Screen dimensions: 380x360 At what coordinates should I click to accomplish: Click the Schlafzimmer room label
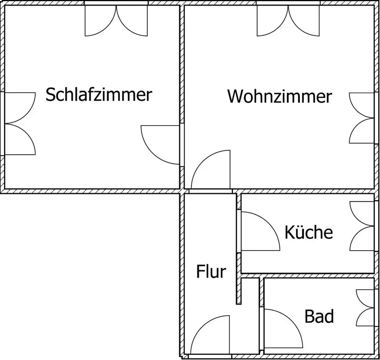99,94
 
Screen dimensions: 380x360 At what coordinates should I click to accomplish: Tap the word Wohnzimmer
279,96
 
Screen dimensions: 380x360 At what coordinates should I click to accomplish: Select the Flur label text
211,272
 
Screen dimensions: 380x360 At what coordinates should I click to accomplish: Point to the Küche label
309,232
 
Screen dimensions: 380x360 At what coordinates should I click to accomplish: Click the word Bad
319,316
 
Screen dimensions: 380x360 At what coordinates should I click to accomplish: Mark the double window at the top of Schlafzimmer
116,21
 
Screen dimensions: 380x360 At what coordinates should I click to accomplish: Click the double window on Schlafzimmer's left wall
20,123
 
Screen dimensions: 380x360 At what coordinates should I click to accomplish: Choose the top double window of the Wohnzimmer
288,21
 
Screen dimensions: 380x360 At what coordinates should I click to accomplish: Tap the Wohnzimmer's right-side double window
362,118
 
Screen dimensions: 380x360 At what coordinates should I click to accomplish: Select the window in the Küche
362,226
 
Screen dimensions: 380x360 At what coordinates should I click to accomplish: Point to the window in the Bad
365,308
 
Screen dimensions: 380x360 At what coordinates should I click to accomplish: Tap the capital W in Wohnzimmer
236,96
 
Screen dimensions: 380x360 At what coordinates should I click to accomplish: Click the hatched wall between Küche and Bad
308,276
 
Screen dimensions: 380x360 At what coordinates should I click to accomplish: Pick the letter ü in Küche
298,232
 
